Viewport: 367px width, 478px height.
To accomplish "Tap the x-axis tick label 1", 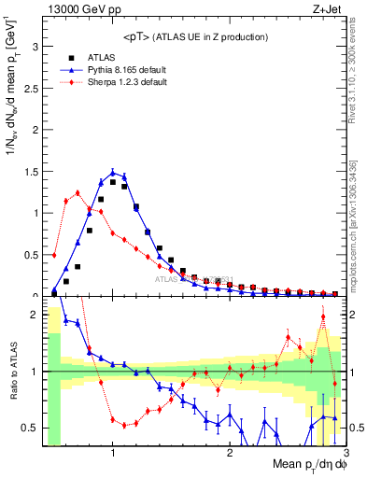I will [113, 452].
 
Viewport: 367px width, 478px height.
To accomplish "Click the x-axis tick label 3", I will [346, 452].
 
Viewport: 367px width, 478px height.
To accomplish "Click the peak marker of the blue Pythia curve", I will [113, 172].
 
